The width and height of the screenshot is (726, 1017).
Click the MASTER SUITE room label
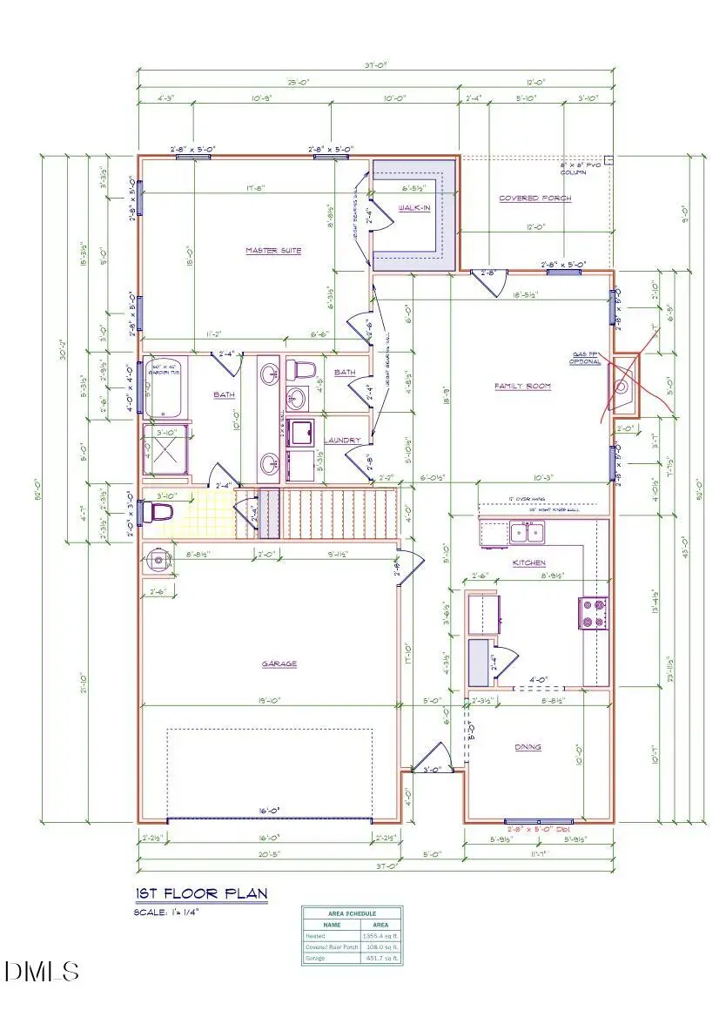(272, 251)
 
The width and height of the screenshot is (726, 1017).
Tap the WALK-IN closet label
(414, 208)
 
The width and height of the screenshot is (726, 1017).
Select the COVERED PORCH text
(534, 199)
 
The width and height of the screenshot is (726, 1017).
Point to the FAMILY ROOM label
(522, 386)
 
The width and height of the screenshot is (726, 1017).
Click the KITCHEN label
(528, 563)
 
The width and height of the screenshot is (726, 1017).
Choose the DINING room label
(527, 746)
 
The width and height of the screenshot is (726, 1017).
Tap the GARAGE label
(279, 663)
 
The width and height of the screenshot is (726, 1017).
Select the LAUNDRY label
(342, 441)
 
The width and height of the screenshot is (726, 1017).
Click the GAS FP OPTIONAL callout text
(586, 358)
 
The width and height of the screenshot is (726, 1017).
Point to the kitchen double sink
(527, 531)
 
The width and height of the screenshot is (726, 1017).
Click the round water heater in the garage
(157, 559)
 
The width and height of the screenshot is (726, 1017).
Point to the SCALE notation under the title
(166, 912)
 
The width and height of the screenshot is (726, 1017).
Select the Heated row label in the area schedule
(314, 936)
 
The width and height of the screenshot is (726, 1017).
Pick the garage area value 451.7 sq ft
(385, 958)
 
